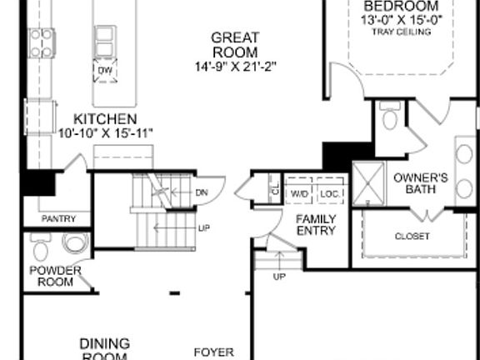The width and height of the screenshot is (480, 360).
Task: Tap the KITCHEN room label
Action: pyautogui.click(x=105, y=119)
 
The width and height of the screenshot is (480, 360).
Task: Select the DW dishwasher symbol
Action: pyautogui.click(x=104, y=72)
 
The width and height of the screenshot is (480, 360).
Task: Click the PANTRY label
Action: pyautogui.click(x=58, y=219)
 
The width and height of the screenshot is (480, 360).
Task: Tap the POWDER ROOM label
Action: pyautogui.click(x=55, y=276)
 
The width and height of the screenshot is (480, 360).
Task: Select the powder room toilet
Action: pyautogui.click(x=76, y=243)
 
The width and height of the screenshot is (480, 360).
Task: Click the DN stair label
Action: pyautogui.click(x=201, y=193)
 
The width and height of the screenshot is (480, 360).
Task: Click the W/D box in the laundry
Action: pyautogui.click(x=299, y=193)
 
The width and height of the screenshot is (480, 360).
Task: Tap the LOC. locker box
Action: pyautogui.click(x=329, y=193)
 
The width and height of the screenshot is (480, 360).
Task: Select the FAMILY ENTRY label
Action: pyautogui.click(x=317, y=225)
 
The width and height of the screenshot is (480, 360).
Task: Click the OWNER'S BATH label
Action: pyautogui.click(x=421, y=183)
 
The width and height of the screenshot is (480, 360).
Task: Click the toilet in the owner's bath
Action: pyautogui.click(x=389, y=118)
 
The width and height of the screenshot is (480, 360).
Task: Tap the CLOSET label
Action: pyautogui.click(x=412, y=236)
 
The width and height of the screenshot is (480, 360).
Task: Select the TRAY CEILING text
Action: pyautogui.click(x=402, y=32)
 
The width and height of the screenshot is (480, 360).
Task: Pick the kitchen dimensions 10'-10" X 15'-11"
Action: pyautogui.click(x=106, y=133)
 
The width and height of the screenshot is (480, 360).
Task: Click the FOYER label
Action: pyautogui.click(x=214, y=352)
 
